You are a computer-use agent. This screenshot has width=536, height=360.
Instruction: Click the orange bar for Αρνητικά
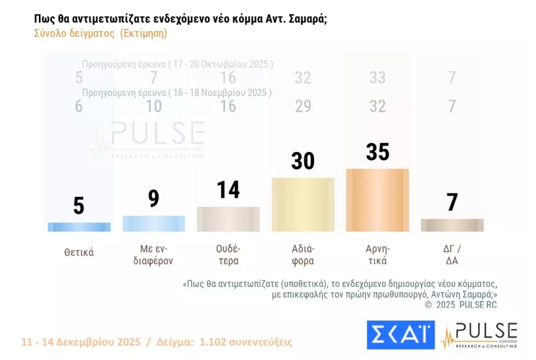pos(377,200)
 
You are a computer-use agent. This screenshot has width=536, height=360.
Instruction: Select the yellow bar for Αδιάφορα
pos(303,204)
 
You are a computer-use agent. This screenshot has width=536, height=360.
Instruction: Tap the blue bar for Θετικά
pos(79,226)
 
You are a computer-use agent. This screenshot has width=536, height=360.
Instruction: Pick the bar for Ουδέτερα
pos(228,219)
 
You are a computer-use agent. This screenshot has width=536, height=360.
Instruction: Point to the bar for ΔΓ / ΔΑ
pos(452,225)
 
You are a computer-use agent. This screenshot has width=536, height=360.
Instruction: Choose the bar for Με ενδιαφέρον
pos(153,223)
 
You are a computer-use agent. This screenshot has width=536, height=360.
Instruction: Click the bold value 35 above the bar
pos(377,151)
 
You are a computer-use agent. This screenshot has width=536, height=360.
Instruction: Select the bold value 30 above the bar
pos(303,160)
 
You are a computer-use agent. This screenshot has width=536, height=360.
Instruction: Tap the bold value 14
pos(228,190)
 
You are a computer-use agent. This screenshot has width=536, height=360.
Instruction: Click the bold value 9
pos(153,198)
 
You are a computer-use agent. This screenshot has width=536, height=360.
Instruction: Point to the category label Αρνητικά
pos(377,254)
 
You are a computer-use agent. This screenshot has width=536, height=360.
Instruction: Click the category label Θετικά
pos(79,252)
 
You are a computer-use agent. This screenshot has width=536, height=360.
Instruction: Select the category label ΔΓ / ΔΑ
pos(452,254)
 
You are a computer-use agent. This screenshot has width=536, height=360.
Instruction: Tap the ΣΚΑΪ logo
pos(400,335)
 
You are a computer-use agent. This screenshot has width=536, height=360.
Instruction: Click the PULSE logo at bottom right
pos(479,335)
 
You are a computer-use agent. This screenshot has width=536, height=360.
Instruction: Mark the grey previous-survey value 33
pos(377,78)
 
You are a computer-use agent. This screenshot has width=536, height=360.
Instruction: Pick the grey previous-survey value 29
pos(303,107)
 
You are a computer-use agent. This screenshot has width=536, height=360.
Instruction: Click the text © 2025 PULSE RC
pos(460,305)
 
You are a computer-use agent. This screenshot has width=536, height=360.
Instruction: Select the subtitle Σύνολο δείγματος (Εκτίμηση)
pos(100,34)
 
